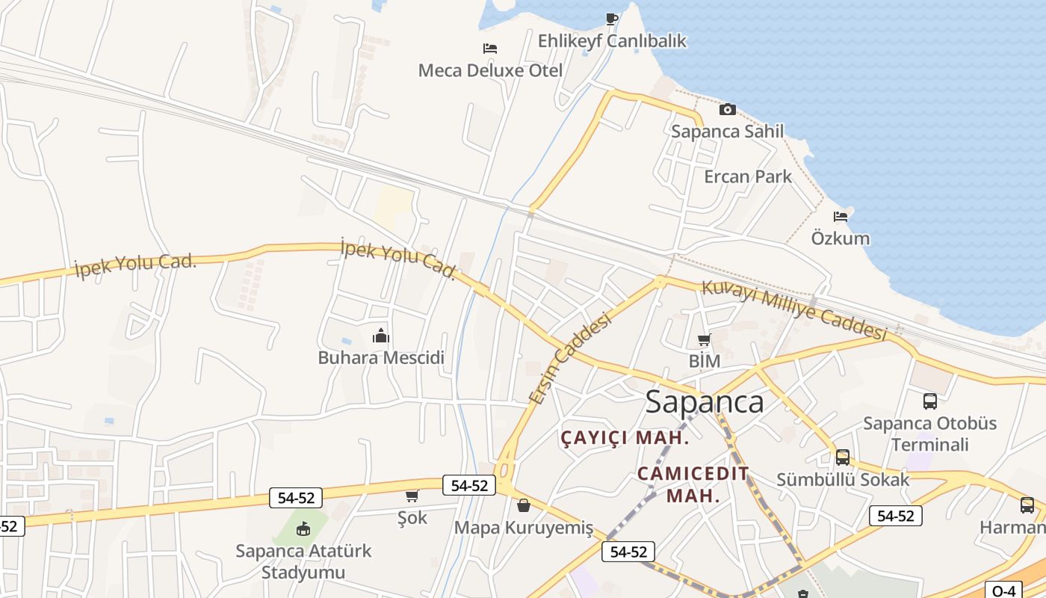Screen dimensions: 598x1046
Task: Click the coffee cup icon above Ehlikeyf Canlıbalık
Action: coord(612,19)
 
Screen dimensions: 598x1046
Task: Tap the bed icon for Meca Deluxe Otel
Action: coord(489,49)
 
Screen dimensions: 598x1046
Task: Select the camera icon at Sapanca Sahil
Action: coord(727,110)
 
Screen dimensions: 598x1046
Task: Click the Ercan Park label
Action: coord(747,177)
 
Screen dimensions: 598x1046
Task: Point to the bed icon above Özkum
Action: coord(841,217)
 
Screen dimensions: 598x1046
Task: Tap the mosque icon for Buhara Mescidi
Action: coord(381,336)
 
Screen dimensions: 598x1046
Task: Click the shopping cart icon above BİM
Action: coord(704,340)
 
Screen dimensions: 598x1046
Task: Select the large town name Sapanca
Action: coord(705,402)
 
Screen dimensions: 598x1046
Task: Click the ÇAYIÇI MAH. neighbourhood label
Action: coord(625,438)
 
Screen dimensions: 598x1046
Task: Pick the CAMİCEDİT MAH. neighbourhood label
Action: coord(693,484)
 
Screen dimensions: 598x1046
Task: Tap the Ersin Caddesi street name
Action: coord(569,359)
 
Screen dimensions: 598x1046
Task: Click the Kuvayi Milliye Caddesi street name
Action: coord(793,310)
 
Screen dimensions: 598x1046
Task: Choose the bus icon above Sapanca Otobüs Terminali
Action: coord(929,401)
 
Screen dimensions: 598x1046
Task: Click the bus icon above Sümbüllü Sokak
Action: coord(842,457)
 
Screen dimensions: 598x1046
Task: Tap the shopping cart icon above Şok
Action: coord(412,496)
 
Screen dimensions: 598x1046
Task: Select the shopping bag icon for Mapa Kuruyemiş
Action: coord(524,506)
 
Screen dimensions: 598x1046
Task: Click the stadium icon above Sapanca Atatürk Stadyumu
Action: coord(303,529)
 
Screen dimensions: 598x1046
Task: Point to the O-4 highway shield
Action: coord(1003,590)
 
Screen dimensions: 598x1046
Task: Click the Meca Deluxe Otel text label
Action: coord(490,71)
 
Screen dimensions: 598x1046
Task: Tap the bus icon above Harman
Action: coord(1027,505)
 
